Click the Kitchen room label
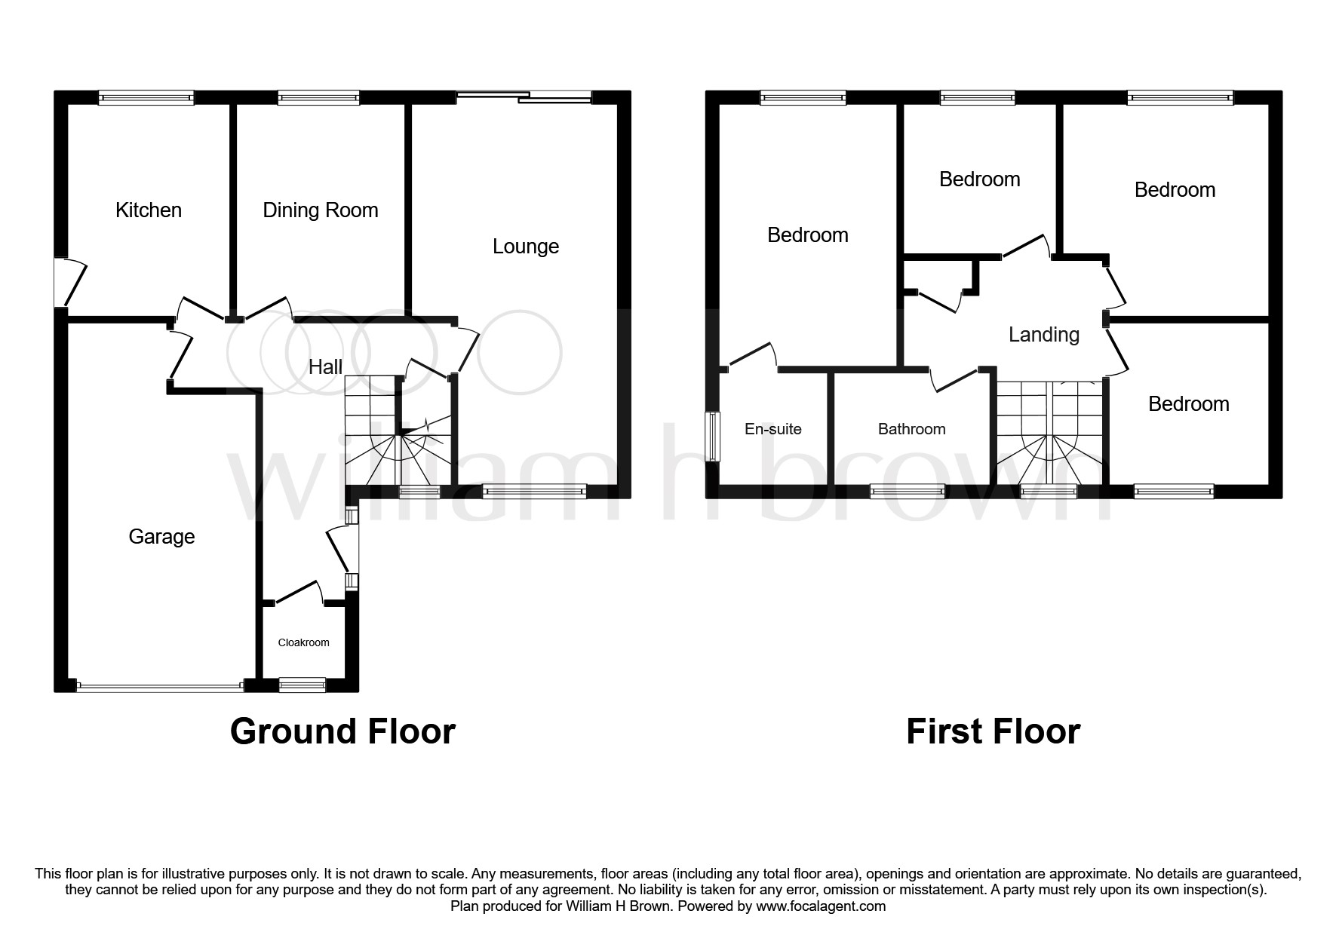tap(149, 210)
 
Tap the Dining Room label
tap(320, 210)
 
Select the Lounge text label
tap(525, 246)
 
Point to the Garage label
tap(161, 536)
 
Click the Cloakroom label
tap(303, 642)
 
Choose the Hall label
tap(325, 366)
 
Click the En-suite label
tap(772, 428)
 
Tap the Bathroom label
tap(911, 428)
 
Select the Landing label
tap(1043, 334)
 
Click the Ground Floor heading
tap(342, 731)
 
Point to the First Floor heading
tap(993, 731)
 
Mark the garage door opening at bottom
tap(159, 686)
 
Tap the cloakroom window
tap(302, 685)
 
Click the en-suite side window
tap(711, 436)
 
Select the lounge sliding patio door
tap(524, 96)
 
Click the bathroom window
tap(908, 492)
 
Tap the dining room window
tap(318, 97)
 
